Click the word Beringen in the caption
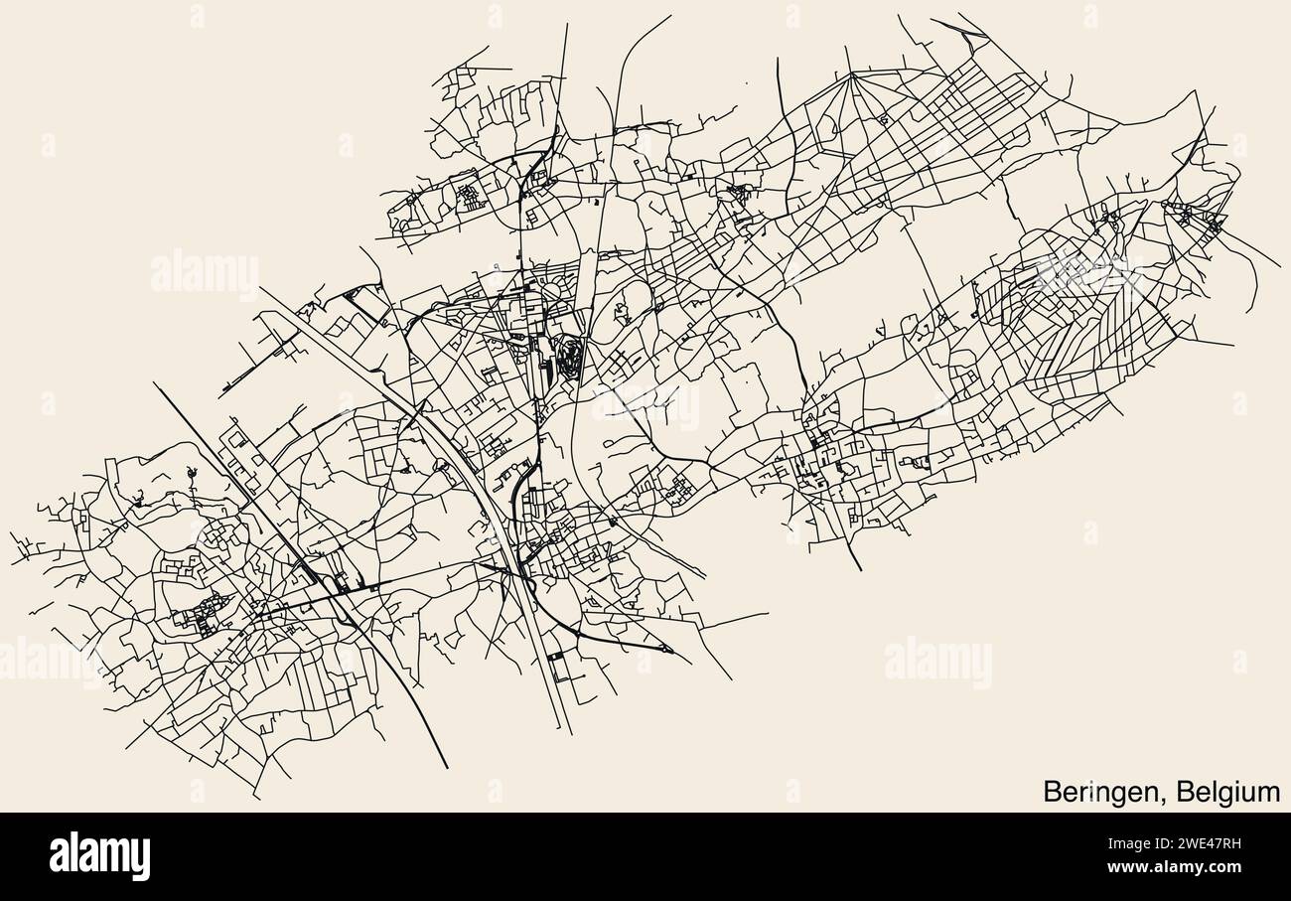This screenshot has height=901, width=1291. point(1100,792)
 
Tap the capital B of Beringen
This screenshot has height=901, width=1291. point(1052,792)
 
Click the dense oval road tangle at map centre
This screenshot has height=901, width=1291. point(569,357)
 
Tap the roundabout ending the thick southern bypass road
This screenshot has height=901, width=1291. point(665,650)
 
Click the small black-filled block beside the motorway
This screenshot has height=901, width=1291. point(553,656)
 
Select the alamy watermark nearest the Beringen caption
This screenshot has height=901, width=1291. point(936,663)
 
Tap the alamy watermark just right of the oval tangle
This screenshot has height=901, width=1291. point(645,405)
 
